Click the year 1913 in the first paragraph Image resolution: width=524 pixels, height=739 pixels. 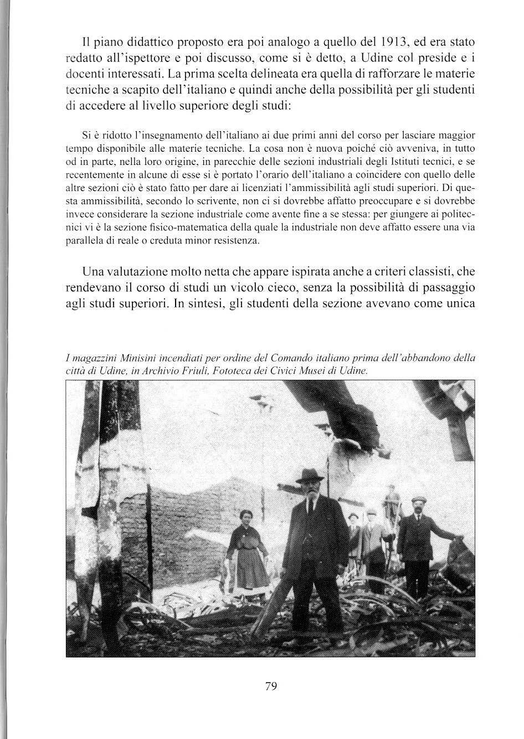pyautogui.click(x=398, y=42)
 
